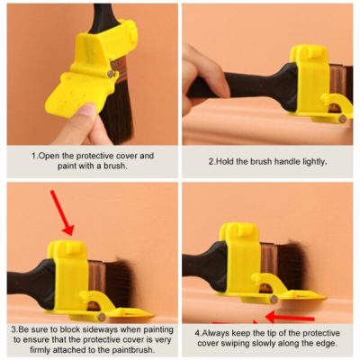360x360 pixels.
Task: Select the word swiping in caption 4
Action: coord(253,343)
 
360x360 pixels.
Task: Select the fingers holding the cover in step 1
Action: coord(83,121)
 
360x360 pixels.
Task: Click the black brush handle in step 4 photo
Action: coord(198,265)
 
